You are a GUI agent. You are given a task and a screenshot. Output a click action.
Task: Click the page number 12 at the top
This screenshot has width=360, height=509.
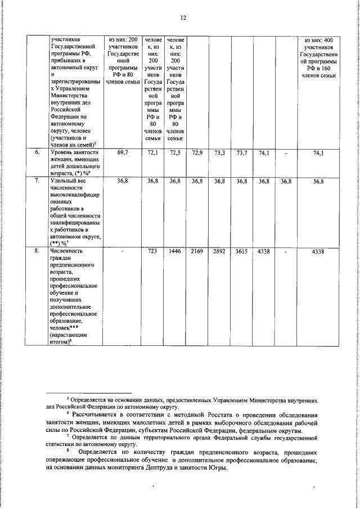183,18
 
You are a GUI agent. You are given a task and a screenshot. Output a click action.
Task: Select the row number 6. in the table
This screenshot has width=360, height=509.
37,152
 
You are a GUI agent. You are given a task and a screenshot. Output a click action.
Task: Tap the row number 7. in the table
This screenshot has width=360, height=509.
37,181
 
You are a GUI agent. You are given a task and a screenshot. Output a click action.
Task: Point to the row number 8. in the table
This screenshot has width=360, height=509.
37,251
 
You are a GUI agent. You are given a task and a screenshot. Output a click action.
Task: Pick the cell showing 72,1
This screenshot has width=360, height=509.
153,152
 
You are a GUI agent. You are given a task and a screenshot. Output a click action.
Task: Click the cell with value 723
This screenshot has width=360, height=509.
153,251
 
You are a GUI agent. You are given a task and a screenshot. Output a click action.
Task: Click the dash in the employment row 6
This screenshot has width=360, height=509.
286,152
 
